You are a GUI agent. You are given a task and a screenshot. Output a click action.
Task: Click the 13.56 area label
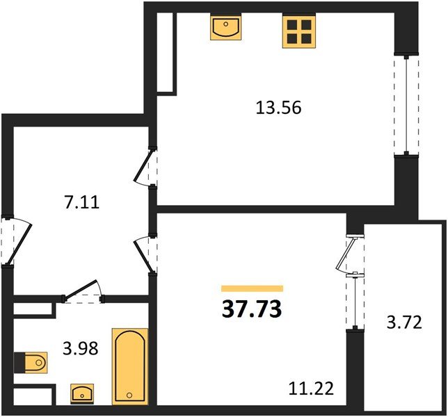tap(278, 108)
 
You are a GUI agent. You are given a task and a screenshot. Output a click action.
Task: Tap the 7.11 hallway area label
tap(81, 202)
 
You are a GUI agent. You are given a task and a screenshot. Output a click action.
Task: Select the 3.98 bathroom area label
tap(80, 348)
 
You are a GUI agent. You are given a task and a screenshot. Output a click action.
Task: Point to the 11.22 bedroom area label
tap(311, 389)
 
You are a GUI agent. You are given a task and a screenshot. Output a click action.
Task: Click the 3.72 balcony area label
tap(404, 323)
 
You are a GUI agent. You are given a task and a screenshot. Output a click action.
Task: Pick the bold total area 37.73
tap(252, 309)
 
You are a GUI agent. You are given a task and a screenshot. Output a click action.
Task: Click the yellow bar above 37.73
tap(252, 288)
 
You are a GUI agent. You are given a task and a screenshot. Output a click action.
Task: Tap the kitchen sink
tap(225, 26)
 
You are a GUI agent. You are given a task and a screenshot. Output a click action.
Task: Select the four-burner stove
tap(299, 31)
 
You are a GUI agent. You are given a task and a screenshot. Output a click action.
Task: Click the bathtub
tap(130, 366)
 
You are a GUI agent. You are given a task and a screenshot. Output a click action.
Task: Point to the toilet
tap(31, 363)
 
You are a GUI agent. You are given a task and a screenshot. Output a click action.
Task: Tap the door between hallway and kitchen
tap(145, 167)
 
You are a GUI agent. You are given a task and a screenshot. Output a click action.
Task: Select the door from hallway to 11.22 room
tap(145, 255)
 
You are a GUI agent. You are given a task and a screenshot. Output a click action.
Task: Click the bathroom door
tap(82, 292)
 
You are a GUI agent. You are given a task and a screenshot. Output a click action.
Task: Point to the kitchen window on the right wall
tap(406, 105)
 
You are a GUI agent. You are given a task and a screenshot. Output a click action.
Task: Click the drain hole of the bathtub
tap(129, 395)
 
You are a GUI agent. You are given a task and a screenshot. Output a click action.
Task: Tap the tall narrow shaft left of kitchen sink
tap(166, 53)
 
